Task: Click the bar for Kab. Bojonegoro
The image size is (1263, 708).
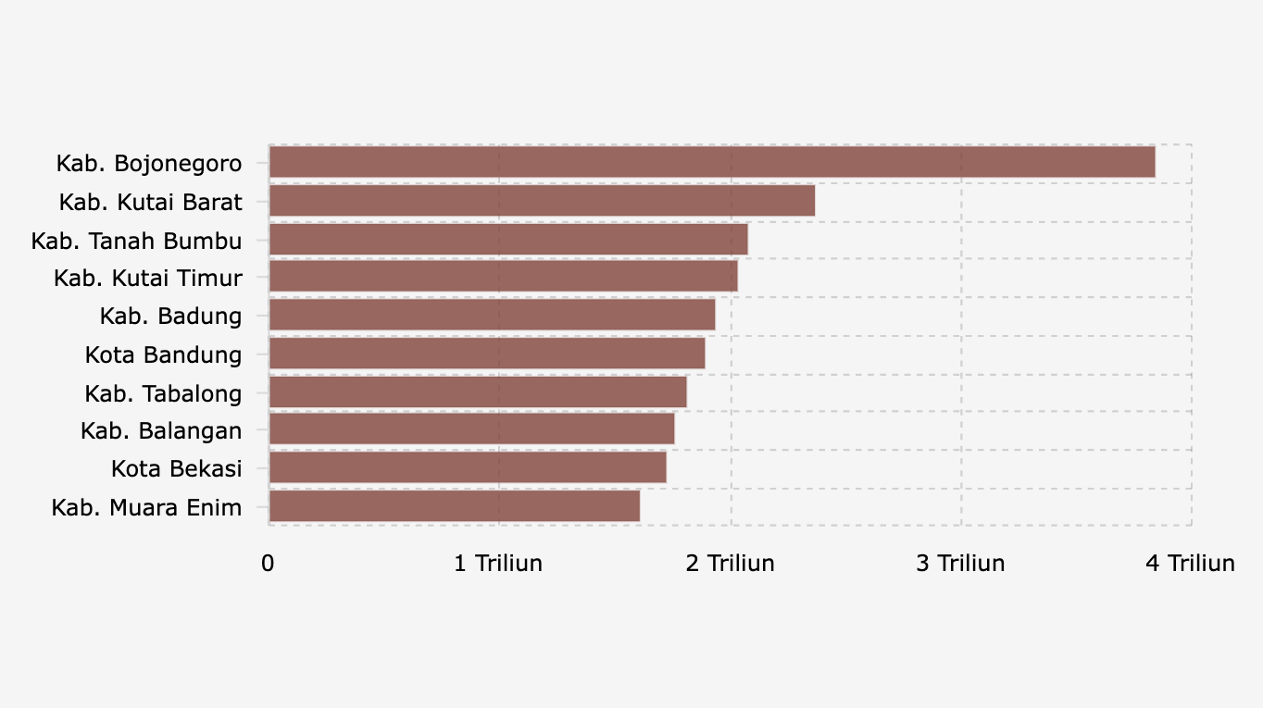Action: [x=711, y=162]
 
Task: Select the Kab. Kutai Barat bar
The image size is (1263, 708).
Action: [x=542, y=201]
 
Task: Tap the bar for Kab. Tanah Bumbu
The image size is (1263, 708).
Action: [x=507, y=239]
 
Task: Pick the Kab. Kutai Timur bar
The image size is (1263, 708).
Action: [x=503, y=277]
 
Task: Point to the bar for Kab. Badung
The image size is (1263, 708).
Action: [x=492, y=316]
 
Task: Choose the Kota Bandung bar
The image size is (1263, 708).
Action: [x=486, y=354]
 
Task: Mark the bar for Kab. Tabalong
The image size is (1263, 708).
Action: [x=477, y=391]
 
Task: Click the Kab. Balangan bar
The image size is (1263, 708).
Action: [x=471, y=429]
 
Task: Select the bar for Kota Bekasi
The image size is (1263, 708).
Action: [x=467, y=467]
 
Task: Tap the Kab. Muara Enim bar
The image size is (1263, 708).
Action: [x=454, y=506]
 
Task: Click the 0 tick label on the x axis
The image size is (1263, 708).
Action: [x=268, y=564]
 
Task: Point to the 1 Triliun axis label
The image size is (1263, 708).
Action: [x=498, y=564]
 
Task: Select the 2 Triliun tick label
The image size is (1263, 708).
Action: [x=730, y=564]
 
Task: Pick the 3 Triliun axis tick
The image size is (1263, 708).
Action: [x=960, y=564]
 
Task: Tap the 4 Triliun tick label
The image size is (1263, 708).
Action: [x=1190, y=564]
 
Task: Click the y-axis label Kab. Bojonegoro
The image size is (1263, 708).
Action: [x=149, y=164]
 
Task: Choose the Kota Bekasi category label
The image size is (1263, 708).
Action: [x=176, y=468]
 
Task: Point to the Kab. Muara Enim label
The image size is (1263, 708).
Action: [x=146, y=507]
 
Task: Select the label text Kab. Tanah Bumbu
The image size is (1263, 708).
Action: [x=136, y=241]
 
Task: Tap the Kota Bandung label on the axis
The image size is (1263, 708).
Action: [x=163, y=354]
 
